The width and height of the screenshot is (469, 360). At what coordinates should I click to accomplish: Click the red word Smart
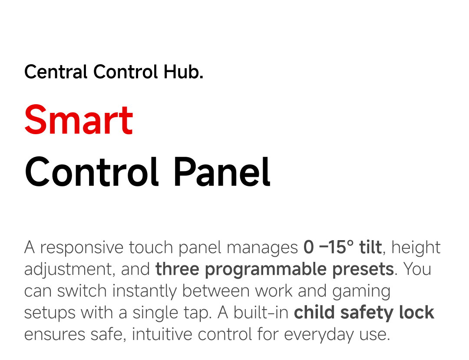click(79, 120)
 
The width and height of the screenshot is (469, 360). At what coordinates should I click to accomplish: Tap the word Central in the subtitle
click(56, 72)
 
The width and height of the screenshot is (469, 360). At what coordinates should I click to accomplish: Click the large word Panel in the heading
click(221, 172)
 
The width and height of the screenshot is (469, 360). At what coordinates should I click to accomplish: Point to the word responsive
click(82, 248)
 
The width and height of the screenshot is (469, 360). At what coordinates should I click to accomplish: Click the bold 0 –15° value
click(328, 247)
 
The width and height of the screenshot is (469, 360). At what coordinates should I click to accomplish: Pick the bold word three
click(177, 269)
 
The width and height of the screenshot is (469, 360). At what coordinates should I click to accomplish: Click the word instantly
click(145, 291)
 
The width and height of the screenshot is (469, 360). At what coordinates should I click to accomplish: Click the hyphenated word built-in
click(261, 313)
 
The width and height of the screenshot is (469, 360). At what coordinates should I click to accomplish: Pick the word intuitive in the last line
click(162, 334)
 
